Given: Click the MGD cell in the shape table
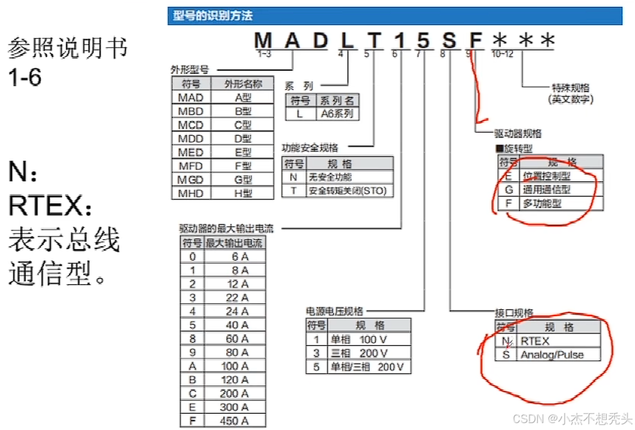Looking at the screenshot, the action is click(x=191, y=180).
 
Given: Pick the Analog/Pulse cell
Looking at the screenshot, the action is click(x=552, y=355).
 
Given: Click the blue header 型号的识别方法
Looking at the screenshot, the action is click(x=213, y=16).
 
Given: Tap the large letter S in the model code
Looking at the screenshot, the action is click(x=449, y=41).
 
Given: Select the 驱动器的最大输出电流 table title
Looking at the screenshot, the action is click(x=226, y=228).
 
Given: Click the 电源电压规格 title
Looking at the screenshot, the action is click(x=334, y=311).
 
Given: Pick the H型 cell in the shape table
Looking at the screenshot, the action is click(x=243, y=193).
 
